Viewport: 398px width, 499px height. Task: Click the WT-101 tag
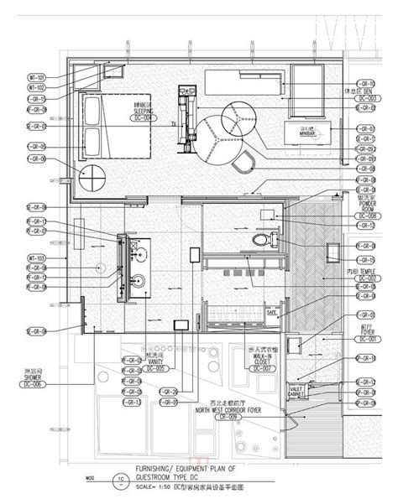(36, 78)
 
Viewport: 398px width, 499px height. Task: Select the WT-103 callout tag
(36, 257)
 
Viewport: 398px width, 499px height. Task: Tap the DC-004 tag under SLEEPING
(144, 118)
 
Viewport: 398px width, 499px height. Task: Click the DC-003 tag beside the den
(367, 99)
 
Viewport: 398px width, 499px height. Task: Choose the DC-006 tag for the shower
(34, 384)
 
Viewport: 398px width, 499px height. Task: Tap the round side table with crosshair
(92, 178)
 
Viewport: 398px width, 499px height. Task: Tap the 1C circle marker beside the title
(120, 481)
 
